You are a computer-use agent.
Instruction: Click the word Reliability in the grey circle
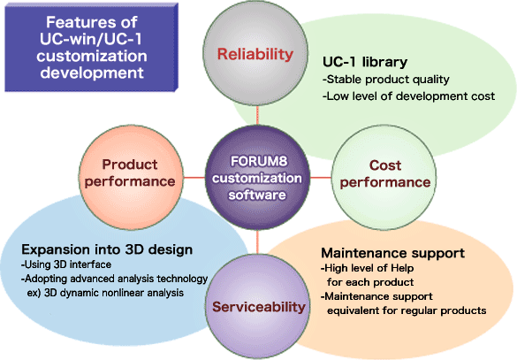(255, 54)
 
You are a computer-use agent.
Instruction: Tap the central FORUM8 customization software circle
(257, 178)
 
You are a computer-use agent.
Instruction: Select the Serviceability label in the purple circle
(259, 307)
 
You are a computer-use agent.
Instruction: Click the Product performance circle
(131, 178)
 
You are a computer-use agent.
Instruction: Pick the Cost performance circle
(384, 178)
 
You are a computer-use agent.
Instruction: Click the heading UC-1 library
(365, 62)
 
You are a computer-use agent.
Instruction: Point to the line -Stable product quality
(386, 80)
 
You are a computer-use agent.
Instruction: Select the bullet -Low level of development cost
(409, 96)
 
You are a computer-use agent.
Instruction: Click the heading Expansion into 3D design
(107, 249)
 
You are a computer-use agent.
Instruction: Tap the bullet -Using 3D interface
(66, 264)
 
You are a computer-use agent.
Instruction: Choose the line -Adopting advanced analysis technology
(114, 280)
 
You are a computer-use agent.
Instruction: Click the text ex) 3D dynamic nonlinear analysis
(105, 293)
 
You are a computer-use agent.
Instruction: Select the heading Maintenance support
(393, 253)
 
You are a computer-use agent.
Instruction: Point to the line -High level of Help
(368, 268)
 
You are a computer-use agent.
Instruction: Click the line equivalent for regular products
(407, 310)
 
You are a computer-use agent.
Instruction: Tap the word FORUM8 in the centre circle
(259, 161)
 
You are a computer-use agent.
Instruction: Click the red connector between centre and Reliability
(257, 116)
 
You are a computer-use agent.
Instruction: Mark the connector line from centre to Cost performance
(321, 178)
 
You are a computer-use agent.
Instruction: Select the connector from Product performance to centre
(194, 178)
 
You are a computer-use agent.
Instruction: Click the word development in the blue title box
(92, 73)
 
